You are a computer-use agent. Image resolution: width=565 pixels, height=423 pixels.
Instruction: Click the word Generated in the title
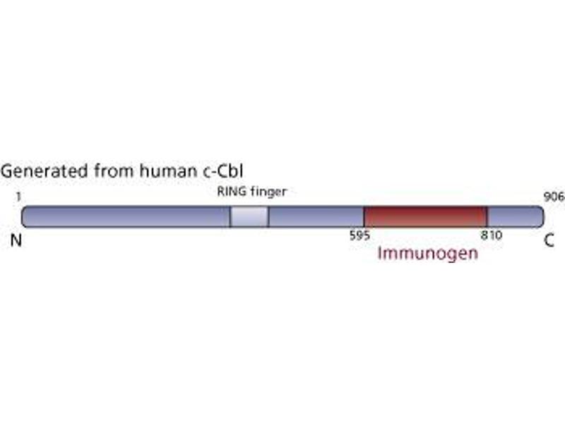click(x=44, y=171)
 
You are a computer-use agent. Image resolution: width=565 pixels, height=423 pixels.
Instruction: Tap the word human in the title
click(x=167, y=171)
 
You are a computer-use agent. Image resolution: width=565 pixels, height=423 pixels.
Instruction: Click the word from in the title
click(x=114, y=171)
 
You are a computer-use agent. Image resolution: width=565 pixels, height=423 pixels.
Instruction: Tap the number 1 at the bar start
click(x=19, y=197)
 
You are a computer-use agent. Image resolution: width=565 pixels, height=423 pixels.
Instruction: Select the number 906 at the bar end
click(x=554, y=197)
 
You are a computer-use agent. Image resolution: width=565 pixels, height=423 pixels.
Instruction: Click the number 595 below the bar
click(x=359, y=235)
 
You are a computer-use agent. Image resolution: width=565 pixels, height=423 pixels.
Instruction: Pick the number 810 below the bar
click(x=492, y=235)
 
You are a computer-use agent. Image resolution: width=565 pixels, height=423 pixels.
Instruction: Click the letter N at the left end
click(x=16, y=240)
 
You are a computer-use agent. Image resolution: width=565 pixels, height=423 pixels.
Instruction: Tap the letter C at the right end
click(x=549, y=240)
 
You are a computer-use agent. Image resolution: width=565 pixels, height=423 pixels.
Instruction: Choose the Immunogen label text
click(x=428, y=253)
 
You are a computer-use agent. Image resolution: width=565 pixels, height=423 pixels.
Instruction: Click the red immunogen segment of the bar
click(x=426, y=217)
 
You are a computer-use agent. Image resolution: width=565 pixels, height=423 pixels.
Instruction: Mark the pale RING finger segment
click(x=249, y=217)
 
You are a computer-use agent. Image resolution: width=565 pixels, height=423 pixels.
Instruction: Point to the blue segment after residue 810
click(x=516, y=217)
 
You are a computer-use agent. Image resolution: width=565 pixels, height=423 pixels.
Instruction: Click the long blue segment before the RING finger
click(x=126, y=217)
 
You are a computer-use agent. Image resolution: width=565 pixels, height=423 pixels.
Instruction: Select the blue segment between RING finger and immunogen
click(x=316, y=217)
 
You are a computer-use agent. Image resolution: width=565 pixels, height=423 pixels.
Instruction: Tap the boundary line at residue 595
click(x=364, y=217)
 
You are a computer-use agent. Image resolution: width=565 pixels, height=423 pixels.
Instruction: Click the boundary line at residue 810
click(x=487, y=217)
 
